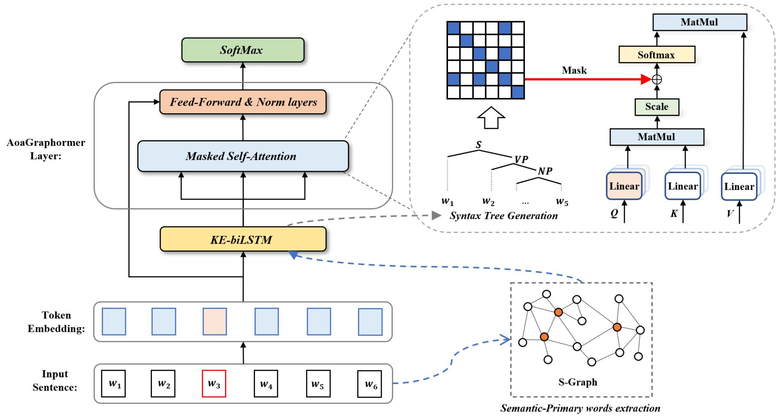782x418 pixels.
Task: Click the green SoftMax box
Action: (x=242, y=50)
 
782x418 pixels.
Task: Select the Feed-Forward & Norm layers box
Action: (x=243, y=102)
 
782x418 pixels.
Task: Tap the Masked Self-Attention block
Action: (x=243, y=156)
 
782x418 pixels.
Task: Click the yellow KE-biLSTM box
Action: (x=243, y=239)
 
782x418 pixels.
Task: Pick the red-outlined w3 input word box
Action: (x=214, y=384)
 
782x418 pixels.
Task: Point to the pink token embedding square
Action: (x=215, y=321)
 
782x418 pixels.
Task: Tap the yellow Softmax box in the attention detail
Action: (x=656, y=55)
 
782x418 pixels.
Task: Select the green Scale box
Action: (x=657, y=107)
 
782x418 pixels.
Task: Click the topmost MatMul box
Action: (x=699, y=22)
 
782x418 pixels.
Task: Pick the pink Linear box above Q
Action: (x=624, y=186)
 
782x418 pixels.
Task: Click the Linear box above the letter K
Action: (x=682, y=186)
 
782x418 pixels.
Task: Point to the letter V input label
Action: (x=730, y=214)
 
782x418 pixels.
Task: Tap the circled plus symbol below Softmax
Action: (x=657, y=79)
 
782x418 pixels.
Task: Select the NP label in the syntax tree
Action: (x=545, y=171)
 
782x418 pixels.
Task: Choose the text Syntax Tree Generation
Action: (x=503, y=216)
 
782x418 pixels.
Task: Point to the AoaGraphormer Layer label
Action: (x=46, y=149)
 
